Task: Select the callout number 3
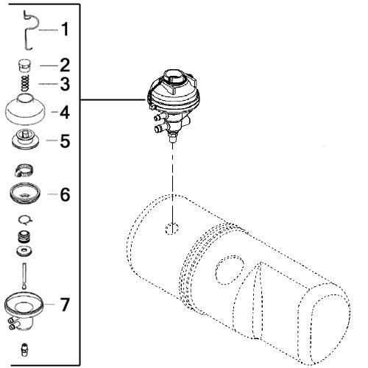[x=65, y=83]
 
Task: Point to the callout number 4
[x=65, y=113]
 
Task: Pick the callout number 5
[x=65, y=140]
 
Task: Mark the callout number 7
[x=65, y=303]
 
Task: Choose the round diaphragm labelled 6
[x=26, y=194]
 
